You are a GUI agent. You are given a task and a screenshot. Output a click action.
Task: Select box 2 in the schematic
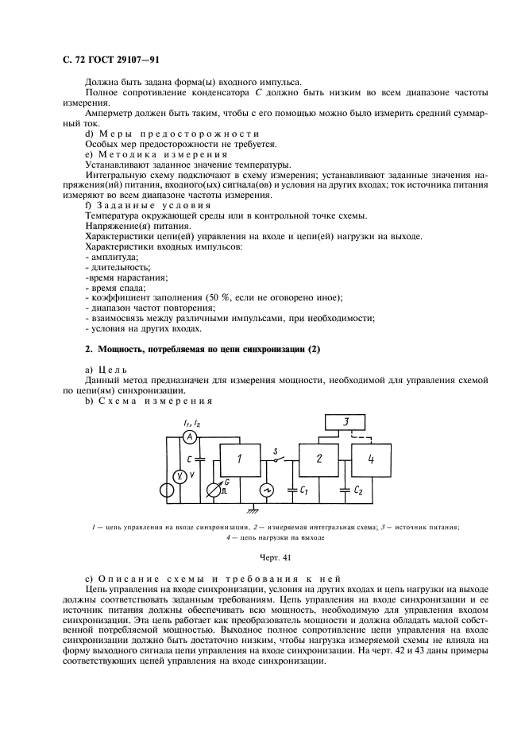tap(318, 459)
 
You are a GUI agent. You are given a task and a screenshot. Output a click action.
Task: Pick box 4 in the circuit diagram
tap(372, 459)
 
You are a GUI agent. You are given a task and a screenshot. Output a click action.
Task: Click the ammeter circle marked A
tap(189, 438)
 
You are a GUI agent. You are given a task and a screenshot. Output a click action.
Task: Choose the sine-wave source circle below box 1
tap(268, 490)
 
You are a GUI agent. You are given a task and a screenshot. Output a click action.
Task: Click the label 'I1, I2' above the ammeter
tap(191, 422)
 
